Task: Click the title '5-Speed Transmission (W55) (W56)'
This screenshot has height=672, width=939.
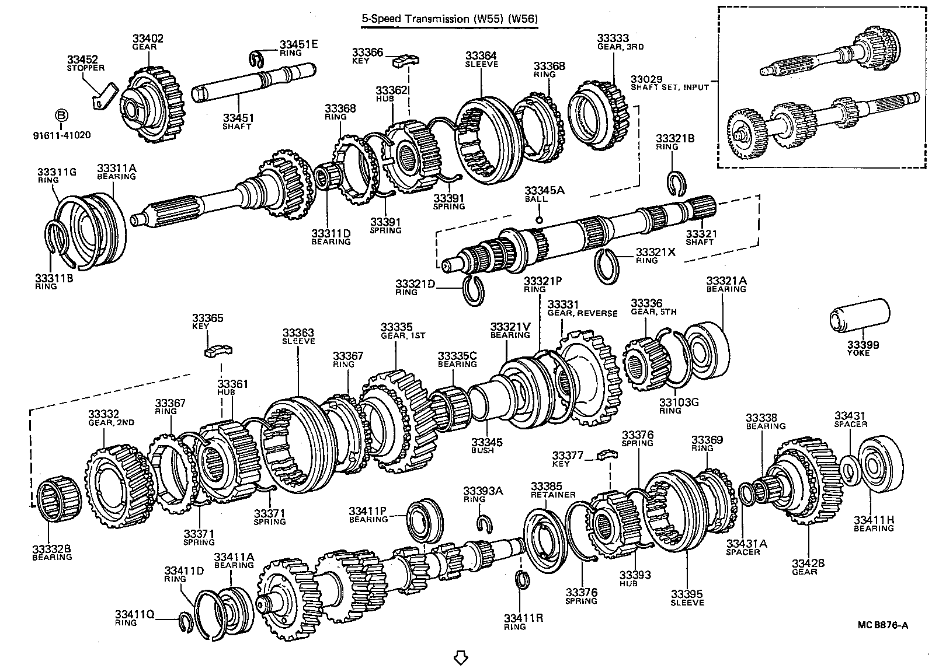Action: [448, 19]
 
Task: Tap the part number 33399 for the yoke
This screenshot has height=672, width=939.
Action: [863, 345]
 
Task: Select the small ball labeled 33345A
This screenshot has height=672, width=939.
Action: [538, 220]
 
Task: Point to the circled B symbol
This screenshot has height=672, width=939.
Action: [62, 116]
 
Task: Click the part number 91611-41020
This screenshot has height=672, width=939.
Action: [62, 135]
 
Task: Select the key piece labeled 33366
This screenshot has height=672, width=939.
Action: [406, 59]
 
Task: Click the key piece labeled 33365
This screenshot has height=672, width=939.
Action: [218, 350]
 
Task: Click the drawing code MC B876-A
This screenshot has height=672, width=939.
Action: [882, 625]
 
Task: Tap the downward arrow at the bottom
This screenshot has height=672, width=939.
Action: [461, 657]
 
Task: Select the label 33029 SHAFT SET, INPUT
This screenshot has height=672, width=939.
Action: [669, 83]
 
